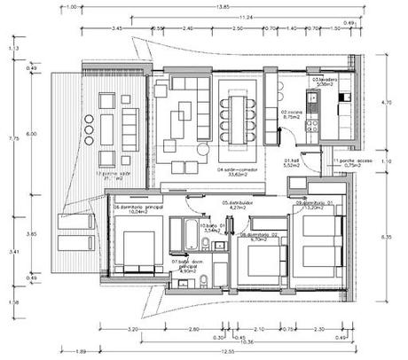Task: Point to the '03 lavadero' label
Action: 325,80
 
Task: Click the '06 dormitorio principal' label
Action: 135,209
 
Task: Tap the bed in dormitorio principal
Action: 138,251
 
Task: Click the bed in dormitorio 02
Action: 263,260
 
